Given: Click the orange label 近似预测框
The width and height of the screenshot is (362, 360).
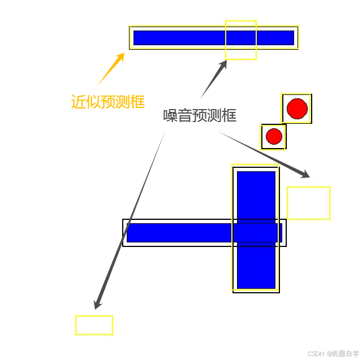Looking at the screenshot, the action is [x=107, y=102].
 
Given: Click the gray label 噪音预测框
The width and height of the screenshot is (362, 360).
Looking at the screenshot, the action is [x=200, y=115].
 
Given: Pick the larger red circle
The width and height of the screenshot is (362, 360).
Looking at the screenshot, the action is [x=297, y=108].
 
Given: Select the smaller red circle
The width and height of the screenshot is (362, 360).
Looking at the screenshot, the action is [x=274, y=136].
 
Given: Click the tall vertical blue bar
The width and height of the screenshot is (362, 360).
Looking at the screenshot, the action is [x=256, y=192].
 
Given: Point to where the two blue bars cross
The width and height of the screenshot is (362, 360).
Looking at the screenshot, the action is [x=256, y=232].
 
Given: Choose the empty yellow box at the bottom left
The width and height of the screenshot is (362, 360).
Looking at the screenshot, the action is [x=94, y=325].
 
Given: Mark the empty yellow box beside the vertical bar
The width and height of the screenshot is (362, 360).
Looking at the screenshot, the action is [x=308, y=203].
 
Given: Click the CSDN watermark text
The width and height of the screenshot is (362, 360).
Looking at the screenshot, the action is [x=316, y=353].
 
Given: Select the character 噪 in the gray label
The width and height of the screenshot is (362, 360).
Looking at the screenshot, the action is [x=170, y=115].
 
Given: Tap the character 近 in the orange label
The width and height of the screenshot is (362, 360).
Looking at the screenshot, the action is [x=78, y=102].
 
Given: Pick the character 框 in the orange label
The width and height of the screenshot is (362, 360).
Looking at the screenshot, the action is [x=137, y=102].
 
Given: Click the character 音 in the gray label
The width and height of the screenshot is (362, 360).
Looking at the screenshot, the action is [x=185, y=115].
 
